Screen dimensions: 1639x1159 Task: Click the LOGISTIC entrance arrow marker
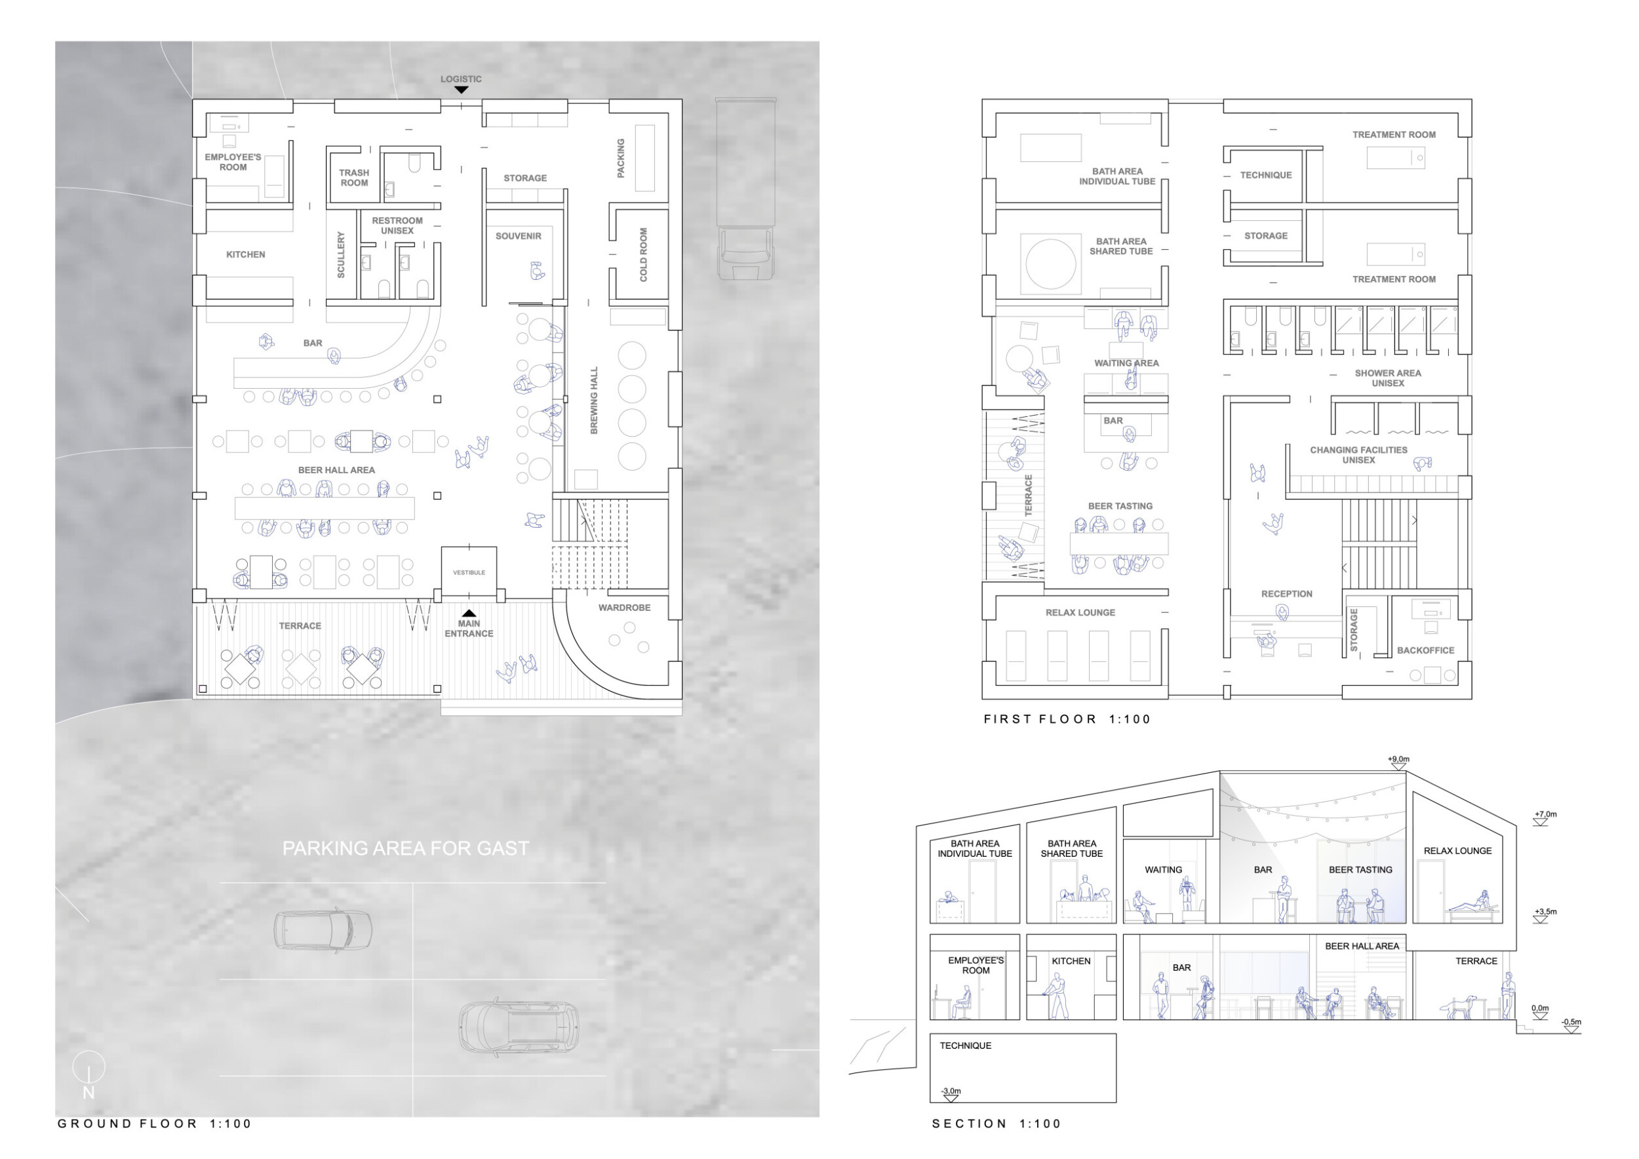coord(461,90)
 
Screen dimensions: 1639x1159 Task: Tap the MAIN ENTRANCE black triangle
coord(469,613)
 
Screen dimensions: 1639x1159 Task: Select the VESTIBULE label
coord(469,572)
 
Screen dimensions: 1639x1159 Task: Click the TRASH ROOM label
coord(354,178)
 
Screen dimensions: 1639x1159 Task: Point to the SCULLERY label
coord(341,255)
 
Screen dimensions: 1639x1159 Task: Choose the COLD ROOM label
coord(643,255)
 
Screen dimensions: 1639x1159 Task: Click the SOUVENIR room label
coord(519,236)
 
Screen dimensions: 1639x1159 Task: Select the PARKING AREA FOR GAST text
coord(405,848)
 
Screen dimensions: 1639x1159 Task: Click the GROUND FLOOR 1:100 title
coord(154,1124)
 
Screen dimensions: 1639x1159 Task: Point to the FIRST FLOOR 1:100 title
coord(1067,719)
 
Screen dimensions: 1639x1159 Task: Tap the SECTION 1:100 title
coord(997,1124)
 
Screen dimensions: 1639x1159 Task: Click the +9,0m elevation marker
coord(1398,763)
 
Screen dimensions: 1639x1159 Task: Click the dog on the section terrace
coord(1459,1008)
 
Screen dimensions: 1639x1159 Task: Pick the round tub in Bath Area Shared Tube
coord(1051,264)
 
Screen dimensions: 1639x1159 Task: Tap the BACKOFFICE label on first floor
coord(1425,651)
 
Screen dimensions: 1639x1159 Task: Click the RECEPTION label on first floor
coord(1286,594)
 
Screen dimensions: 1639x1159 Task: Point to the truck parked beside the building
coord(746,189)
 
